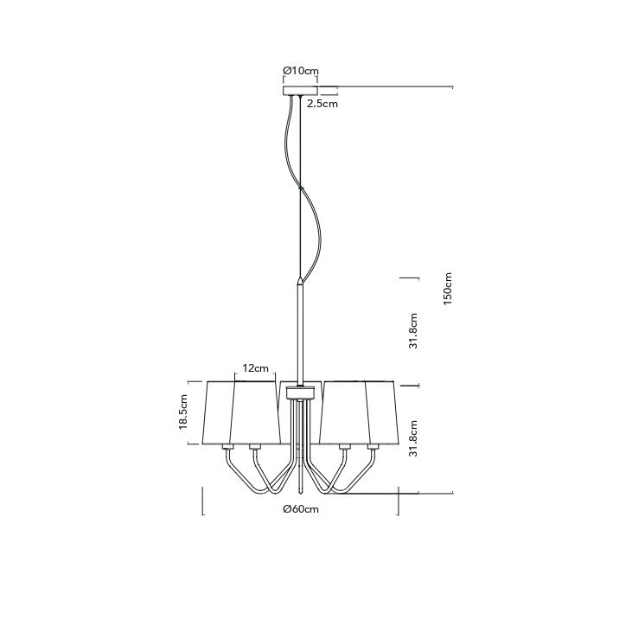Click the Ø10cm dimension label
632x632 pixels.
(x=301, y=71)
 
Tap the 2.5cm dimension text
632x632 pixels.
(x=322, y=104)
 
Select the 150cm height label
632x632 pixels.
(x=448, y=289)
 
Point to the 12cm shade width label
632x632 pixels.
(x=256, y=368)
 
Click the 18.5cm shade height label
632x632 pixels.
(x=184, y=412)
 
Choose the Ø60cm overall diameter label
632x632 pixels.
(x=301, y=509)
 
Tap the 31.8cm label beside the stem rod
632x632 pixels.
(x=413, y=330)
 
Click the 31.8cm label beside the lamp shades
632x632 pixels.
(x=413, y=438)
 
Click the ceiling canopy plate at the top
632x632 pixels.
(x=300, y=91)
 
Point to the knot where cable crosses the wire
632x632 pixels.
(x=300, y=188)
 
